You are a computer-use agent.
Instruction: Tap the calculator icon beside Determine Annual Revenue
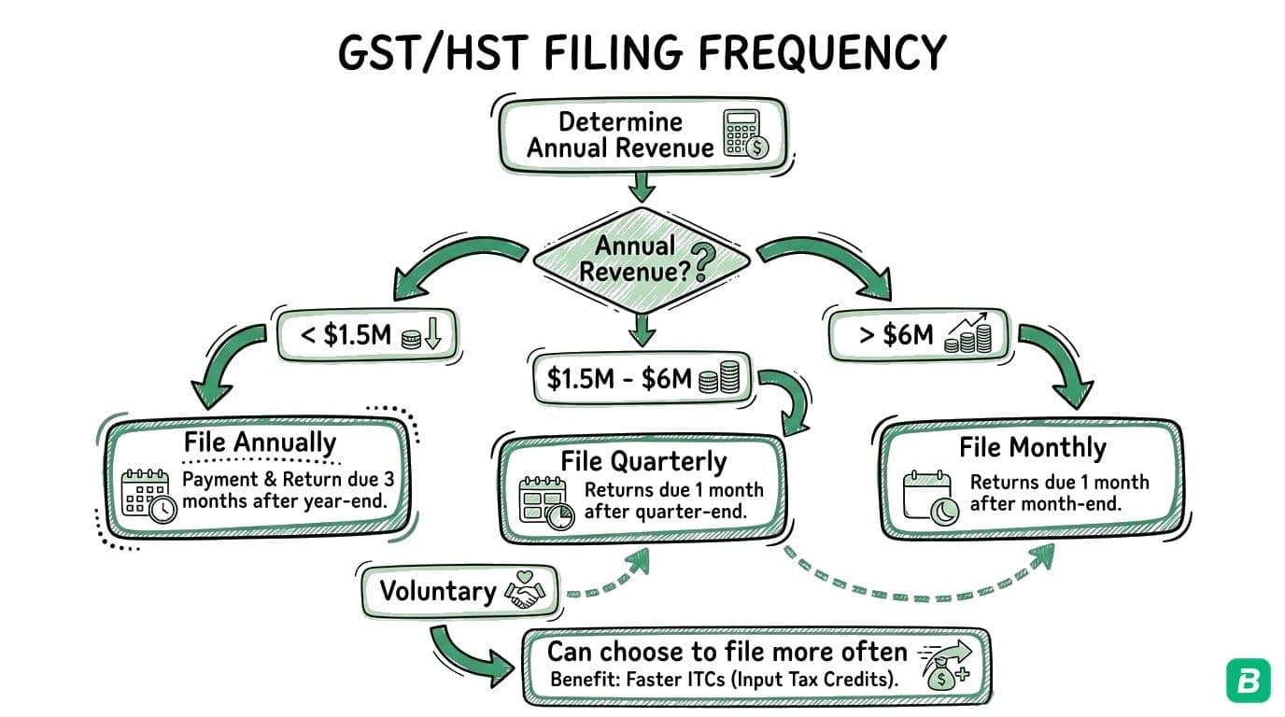[744, 134]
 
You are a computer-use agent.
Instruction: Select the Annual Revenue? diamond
[641, 260]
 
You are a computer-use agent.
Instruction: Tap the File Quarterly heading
[642, 461]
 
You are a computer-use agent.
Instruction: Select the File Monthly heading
[1032, 447]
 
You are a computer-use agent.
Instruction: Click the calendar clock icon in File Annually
[148, 495]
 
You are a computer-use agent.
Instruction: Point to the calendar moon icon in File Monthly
[927, 497]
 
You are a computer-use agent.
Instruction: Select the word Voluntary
[437, 592]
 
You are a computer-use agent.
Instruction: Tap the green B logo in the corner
[1248, 681]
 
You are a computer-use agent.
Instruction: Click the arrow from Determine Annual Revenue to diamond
[641, 188]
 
